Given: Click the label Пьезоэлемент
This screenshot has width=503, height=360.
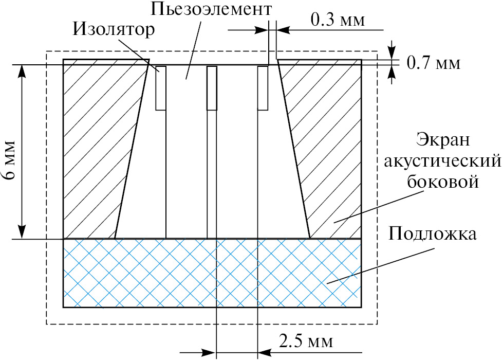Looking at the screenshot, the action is (211, 9).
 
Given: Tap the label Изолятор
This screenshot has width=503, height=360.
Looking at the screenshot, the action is (114, 29).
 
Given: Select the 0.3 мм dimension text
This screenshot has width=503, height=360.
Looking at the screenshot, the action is (338, 20).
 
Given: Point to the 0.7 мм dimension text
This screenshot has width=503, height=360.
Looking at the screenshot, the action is (434, 63).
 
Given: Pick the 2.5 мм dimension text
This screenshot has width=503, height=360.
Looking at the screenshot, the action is (306, 341).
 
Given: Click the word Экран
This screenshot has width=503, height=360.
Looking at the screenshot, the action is (443, 140).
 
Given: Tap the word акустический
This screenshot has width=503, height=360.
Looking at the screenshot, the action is (442, 161).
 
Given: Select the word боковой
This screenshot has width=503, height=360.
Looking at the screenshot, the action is (443, 181).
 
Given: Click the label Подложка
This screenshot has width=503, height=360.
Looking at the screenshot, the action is (433, 233).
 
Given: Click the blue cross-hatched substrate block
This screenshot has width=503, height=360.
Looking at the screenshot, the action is (212, 273).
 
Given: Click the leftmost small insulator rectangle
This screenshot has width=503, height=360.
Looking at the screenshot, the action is (161, 88).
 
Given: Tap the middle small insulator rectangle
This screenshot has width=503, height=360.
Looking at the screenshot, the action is (212, 88).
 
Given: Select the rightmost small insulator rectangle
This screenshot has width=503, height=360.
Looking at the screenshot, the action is (263, 88).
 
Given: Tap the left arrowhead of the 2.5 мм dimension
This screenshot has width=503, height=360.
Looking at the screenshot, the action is (209, 352).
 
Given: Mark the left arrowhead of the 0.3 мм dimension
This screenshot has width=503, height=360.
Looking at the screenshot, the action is (261, 30).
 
